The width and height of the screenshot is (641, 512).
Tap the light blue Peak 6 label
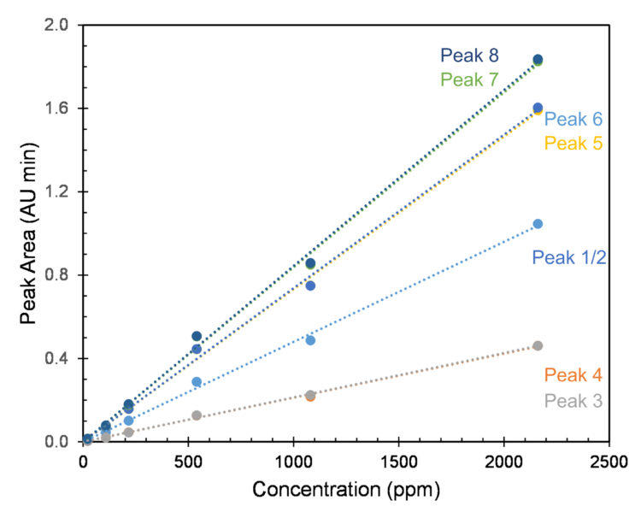(573, 120)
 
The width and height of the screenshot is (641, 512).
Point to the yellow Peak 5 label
(573, 143)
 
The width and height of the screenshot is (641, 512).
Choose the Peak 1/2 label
(569, 256)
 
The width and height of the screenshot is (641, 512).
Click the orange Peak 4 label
(573, 374)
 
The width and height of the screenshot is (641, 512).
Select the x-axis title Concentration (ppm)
(345, 491)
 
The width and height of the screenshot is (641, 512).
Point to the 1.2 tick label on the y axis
(57, 191)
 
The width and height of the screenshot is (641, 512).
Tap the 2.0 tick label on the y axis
(57, 25)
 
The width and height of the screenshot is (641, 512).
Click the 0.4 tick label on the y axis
(57, 358)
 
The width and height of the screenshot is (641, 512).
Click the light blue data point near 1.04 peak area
(538, 224)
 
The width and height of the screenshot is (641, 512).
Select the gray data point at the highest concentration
(538, 345)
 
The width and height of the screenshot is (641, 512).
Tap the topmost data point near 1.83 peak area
(538, 60)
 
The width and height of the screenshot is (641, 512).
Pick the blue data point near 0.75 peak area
(310, 285)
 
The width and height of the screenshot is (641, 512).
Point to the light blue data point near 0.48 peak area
(310, 340)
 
